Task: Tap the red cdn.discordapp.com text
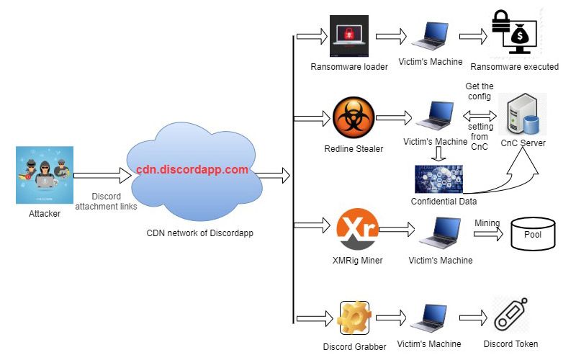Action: click(x=192, y=170)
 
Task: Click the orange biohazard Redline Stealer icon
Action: click(x=354, y=118)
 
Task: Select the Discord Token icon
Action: click(x=512, y=315)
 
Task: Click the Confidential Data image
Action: click(x=438, y=179)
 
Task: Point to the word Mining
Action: click(x=487, y=223)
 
